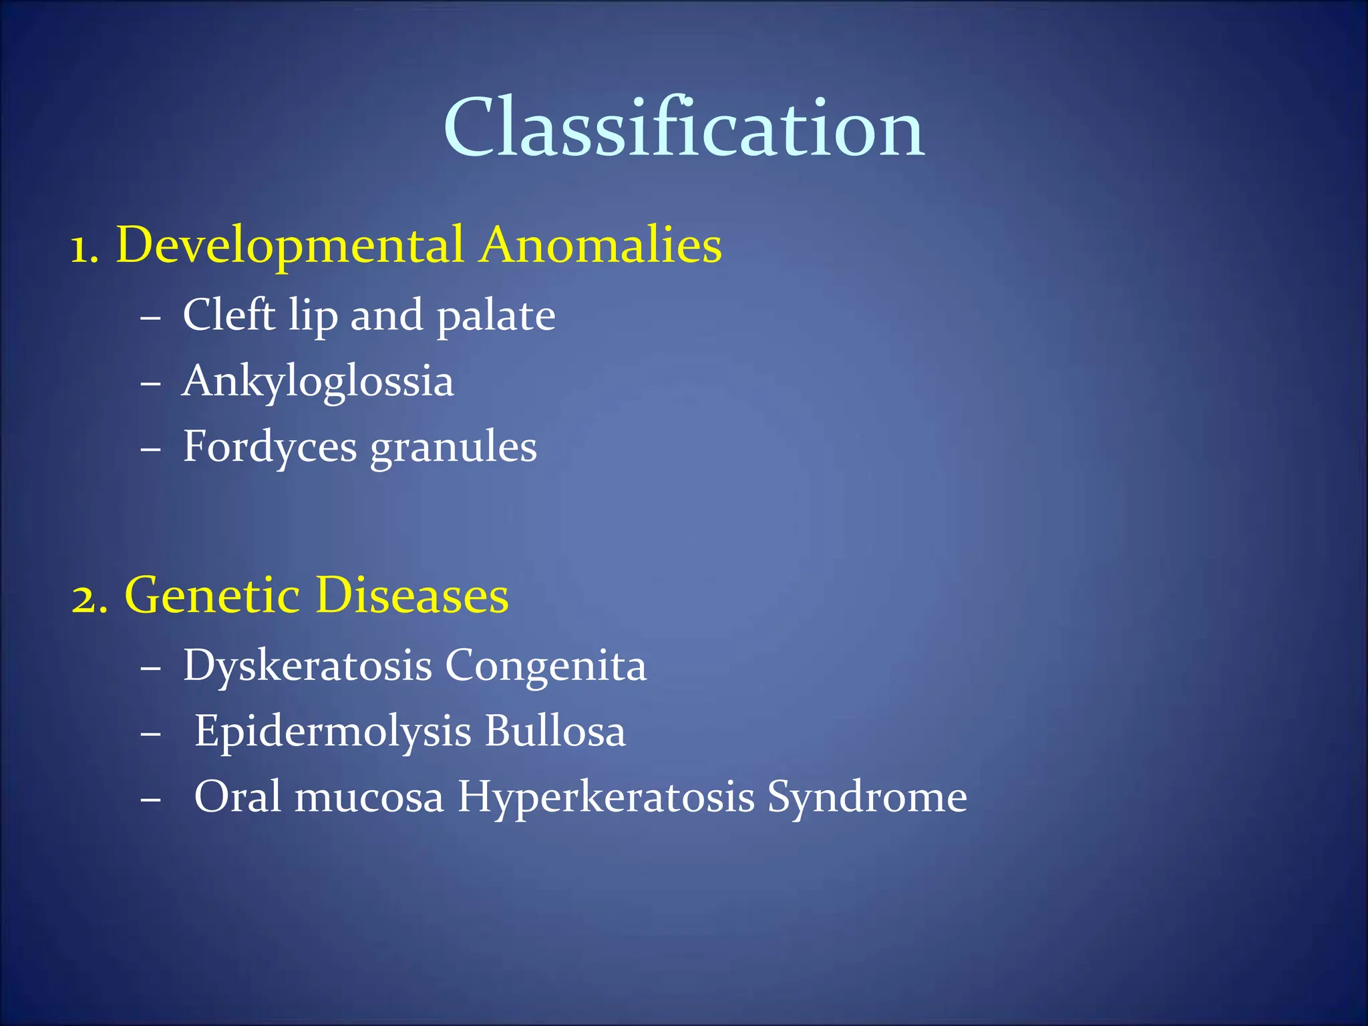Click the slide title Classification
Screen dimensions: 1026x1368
tap(684, 128)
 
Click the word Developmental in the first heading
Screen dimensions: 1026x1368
tap(289, 246)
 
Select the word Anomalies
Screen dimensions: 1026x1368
tap(601, 244)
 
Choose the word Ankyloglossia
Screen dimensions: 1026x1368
tap(318, 382)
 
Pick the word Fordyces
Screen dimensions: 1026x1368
tap(270, 448)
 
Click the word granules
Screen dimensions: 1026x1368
tap(454, 448)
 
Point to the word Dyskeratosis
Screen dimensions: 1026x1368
tap(307, 667)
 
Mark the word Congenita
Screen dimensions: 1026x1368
tap(546, 667)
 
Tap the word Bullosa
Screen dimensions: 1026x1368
tap(555, 731)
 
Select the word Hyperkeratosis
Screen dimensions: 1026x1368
tap(605, 798)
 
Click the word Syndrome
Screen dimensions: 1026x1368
tap(866, 798)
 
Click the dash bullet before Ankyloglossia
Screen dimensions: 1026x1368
tap(151, 385)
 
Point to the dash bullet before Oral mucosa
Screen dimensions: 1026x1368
tap(151, 800)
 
